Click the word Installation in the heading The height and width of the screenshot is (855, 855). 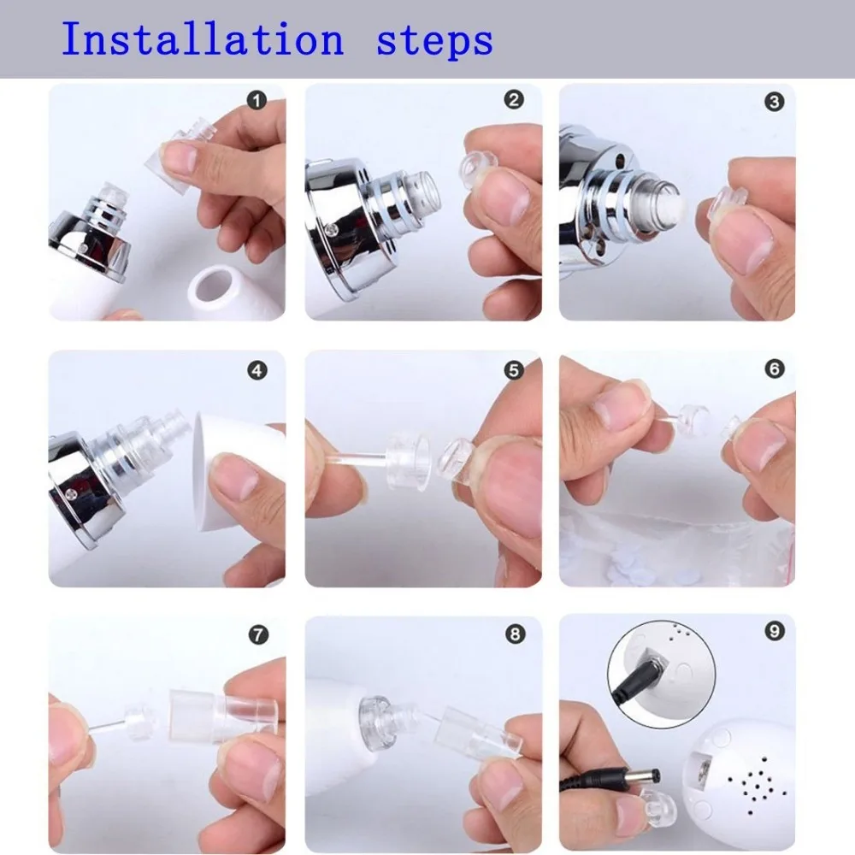click(x=203, y=39)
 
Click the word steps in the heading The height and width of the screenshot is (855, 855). click(x=434, y=42)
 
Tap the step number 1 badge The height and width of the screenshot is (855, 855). click(x=256, y=100)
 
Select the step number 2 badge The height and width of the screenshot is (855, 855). click(x=514, y=100)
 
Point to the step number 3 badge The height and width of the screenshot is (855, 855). click(x=775, y=102)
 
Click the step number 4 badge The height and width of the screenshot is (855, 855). click(x=257, y=371)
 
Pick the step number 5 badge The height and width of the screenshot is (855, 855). click(x=514, y=370)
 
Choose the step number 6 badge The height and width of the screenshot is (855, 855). click(x=775, y=369)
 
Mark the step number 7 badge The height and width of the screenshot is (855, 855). click(x=258, y=634)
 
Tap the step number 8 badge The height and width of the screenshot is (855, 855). click(x=515, y=634)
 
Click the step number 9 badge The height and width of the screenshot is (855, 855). click(x=775, y=632)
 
